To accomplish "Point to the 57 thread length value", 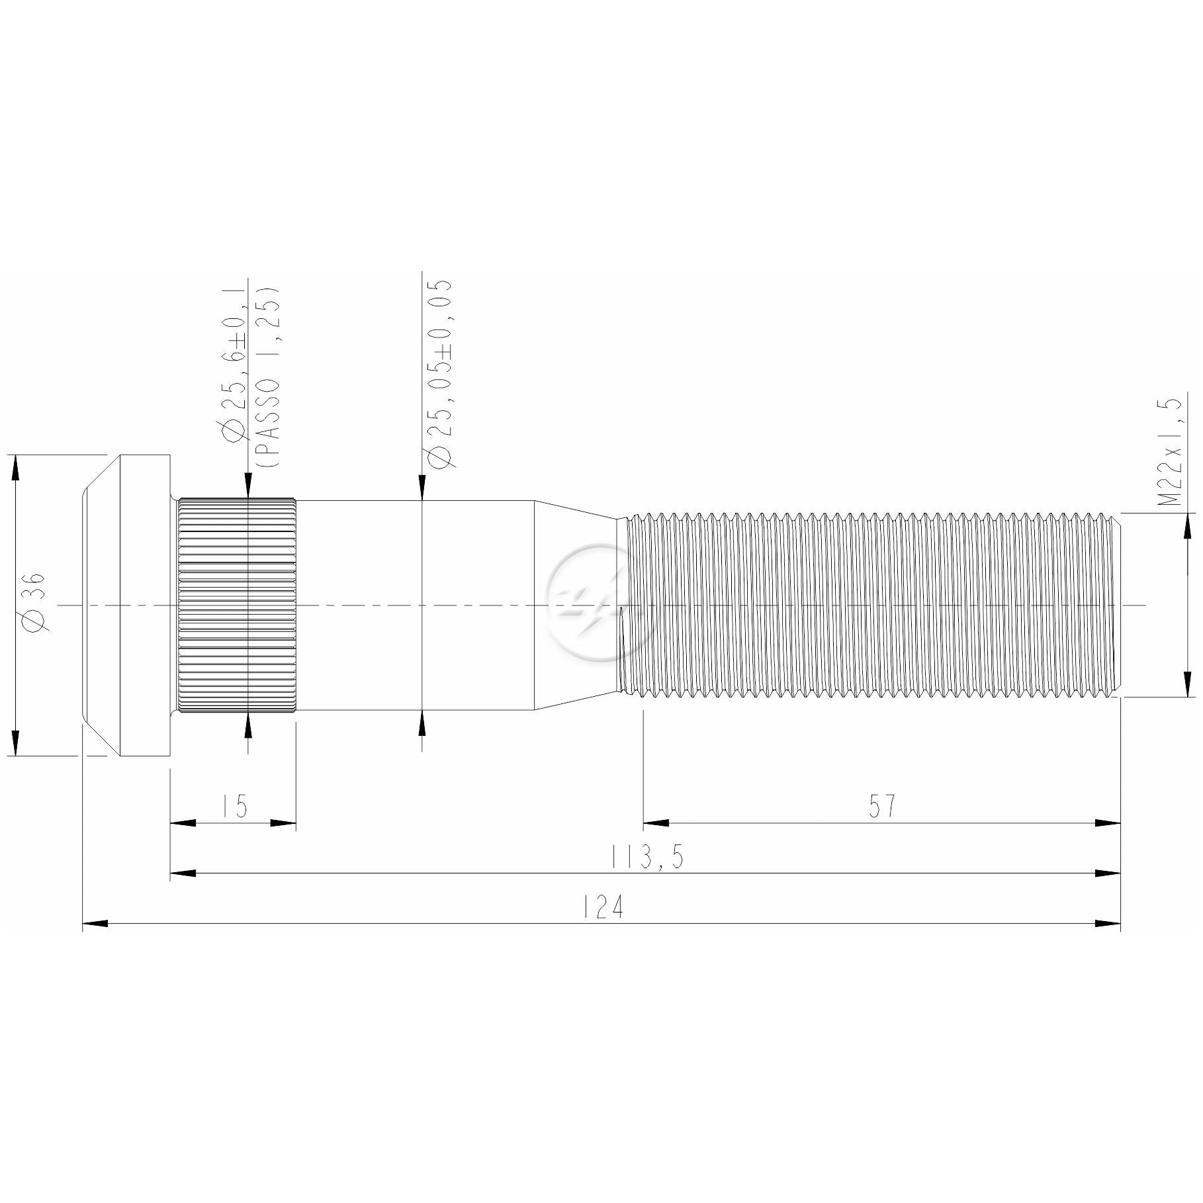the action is (x=882, y=806).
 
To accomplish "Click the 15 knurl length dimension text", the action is (x=235, y=807).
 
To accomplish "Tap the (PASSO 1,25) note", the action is (x=267, y=377).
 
